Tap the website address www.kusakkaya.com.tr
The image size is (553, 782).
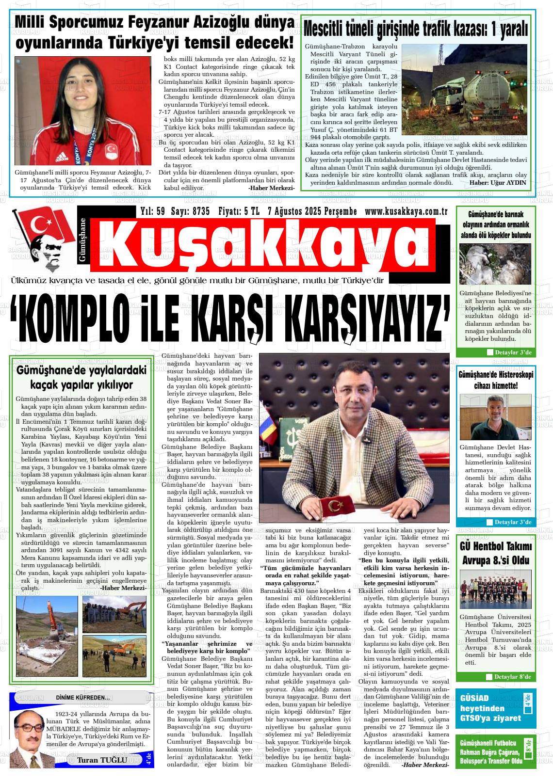click(406, 211)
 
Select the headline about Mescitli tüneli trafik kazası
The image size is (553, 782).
click(415, 30)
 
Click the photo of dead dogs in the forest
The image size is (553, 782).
click(495, 264)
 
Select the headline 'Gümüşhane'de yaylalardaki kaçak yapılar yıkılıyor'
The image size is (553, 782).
click(81, 378)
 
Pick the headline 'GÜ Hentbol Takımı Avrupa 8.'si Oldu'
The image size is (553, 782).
click(495, 554)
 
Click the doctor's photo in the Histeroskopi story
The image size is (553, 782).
click(495, 417)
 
